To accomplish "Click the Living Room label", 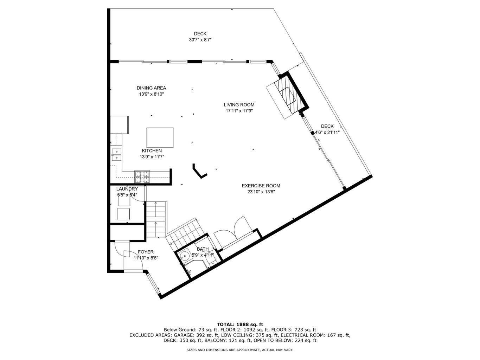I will pos(239,105).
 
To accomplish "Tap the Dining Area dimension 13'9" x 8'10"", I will pos(151,94).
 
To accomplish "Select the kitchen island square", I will pos(160,137).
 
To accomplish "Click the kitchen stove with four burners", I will pos(142,176).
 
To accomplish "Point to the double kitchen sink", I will pos(116,155).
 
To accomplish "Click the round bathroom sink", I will pos(183,256).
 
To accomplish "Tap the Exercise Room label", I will pos(261,186).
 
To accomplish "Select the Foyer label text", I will pos(146,252).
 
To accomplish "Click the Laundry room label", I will pos(127,189).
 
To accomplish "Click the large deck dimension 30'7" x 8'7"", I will pos(200,40).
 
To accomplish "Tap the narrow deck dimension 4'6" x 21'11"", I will pos(327,133).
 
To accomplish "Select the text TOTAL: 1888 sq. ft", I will pos(240,324).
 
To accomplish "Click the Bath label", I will pos(203,249).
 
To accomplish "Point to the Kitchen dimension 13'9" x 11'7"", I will pos(152,157).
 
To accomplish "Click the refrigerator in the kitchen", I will pos(120,124).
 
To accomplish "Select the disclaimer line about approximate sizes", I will pos(239,350).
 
